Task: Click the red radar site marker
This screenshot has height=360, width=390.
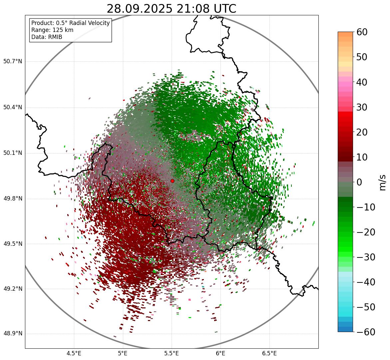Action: pyautogui.click(x=172, y=181)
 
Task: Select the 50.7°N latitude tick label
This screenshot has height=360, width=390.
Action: pyautogui.click(x=12, y=62)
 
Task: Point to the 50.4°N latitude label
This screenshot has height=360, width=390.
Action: pyautogui.click(x=12, y=108)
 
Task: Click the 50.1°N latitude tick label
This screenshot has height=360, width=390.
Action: pyautogui.click(x=12, y=153)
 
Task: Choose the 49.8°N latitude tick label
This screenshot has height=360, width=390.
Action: pyautogui.click(x=12, y=199)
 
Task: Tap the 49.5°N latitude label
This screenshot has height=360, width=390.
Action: pyautogui.click(x=12, y=244)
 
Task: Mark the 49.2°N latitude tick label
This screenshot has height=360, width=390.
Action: pyautogui.click(x=12, y=289)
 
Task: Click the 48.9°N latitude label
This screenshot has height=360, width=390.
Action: pyautogui.click(x=12, y=334)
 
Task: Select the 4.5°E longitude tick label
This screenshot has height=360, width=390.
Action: pyautogui.click(x=74, y=353)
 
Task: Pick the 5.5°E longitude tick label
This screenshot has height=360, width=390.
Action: pyautogui.click(x=172, y=353)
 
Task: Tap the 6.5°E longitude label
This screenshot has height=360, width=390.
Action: pyautogui.click(x=269, y=353)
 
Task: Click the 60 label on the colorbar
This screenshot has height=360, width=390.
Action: pyautogui.click(x=362, y=32)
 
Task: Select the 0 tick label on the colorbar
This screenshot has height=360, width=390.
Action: pyautogui.click(x=359, y=182)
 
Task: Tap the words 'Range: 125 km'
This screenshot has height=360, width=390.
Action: pyautogui.click(x=52, y=30)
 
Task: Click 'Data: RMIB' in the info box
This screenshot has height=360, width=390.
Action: pyautogui.click(x=47, y=37)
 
